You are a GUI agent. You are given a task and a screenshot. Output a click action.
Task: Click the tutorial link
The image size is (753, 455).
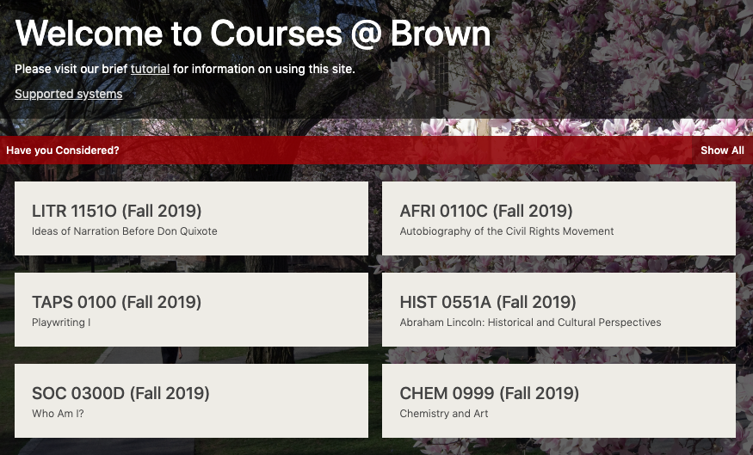pyautogui.click(x=150, y=69)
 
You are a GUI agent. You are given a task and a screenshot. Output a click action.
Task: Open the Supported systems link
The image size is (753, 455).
pyautogui.click(x=68, y=94)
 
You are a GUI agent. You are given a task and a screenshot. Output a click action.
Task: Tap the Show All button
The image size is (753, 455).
pyautogui.click(x=722, y=151)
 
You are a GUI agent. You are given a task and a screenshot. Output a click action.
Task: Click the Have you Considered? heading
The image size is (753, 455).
pyautogui.click(x=63, y=151)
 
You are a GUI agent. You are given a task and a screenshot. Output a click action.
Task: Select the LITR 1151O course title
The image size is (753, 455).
pyautogui.click(x=116, y=212)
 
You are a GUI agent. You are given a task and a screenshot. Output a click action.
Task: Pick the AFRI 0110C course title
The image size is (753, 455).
pyautogui.click(x=486, y=212)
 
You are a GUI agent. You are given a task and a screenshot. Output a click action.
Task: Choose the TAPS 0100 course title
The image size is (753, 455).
pyautogui.click(x=116, y=303)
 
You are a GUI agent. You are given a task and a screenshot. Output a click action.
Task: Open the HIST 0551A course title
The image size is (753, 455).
pyautogui.click(x=488, y=303)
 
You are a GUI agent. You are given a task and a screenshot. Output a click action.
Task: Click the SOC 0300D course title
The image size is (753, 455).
pyautogui.click(x=120, y=394)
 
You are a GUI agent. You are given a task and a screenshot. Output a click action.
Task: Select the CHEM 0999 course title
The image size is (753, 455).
pyautogui.click(x=489, y=394)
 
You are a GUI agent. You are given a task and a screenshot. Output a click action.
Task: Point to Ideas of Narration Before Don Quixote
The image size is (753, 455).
pyautogui.click(x=124, y=231)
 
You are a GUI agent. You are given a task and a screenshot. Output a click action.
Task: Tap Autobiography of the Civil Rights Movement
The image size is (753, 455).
pyautogui.click(x=507, y=231)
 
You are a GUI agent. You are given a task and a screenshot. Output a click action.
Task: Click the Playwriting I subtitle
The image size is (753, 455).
pyautogui.click(x=61, y=323)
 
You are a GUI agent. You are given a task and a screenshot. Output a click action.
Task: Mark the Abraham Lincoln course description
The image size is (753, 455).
pyautogui.click(x=530, y=323)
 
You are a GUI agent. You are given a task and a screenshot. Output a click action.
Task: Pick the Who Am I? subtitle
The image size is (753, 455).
pyautogui.click(x=58, y=414)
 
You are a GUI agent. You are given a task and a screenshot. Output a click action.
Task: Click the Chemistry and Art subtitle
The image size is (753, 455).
pyautogui.click(x=443, y=414)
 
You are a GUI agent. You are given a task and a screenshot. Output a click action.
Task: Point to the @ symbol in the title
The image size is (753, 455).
pyautogui.click(x=366, y=34)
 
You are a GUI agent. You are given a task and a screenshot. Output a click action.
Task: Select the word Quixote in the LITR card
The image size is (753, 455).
pyautogui.click(x=199, y=231)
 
